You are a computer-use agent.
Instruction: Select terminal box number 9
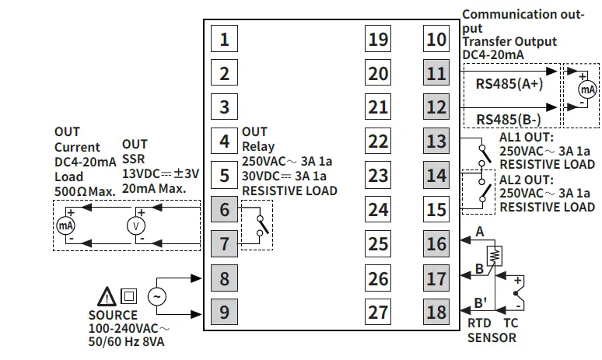pos(224,312)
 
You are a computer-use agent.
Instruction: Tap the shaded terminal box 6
pos(224,209)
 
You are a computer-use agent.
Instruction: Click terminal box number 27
pos(378,312)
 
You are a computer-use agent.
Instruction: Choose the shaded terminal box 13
pos(437,141)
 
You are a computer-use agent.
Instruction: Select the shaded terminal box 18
pos(437,312)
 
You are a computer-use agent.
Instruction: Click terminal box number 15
pos(437,209)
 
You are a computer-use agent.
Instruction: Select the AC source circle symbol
pos(157,296)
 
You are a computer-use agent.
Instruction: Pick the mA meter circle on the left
pos(65,225)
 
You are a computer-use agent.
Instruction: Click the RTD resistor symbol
pos(492,255)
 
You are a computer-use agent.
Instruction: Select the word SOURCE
pos(113,316)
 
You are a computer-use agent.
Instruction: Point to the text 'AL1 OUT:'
pos(523,137)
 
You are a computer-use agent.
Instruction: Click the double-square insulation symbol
pos(129,296)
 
